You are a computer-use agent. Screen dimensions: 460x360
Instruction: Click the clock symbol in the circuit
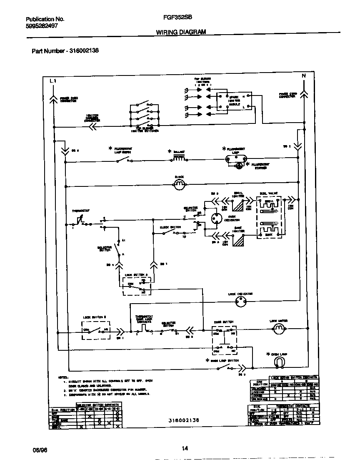178,184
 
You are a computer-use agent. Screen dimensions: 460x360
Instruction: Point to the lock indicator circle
240,303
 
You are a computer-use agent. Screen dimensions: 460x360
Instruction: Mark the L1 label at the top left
52,80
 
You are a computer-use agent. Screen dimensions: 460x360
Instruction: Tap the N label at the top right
303,75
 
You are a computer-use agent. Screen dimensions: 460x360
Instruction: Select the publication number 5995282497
42,26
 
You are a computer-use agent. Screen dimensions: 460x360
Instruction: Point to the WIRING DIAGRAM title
181,32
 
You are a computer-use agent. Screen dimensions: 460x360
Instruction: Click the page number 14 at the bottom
185,448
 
